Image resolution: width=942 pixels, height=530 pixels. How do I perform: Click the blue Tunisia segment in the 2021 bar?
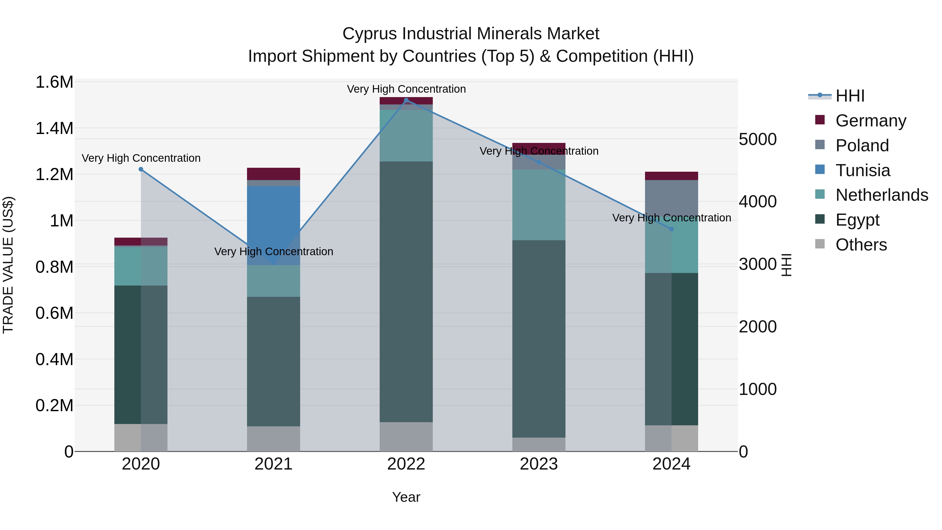(273, 220)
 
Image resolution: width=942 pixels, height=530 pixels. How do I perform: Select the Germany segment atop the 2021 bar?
(273, 174)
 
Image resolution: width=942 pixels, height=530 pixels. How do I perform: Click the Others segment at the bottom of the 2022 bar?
(406, 437)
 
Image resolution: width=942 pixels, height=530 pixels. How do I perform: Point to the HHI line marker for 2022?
(406, 100)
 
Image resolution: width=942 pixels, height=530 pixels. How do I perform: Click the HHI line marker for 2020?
(141, 169)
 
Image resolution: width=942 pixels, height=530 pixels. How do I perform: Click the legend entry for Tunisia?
(862, 170)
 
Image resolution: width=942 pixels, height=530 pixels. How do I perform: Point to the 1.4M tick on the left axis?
(54, 129)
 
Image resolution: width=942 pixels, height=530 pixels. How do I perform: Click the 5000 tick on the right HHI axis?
(757, 139)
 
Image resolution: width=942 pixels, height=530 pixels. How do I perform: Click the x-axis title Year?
(406, 497)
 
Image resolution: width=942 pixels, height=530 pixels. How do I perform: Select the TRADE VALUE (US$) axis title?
(8, 265)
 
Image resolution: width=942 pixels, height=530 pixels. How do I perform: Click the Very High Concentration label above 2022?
(406, 89)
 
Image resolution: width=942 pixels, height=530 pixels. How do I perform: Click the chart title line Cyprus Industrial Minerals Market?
(471, 34)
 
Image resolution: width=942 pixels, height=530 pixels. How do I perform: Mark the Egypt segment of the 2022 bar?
(406, 293)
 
